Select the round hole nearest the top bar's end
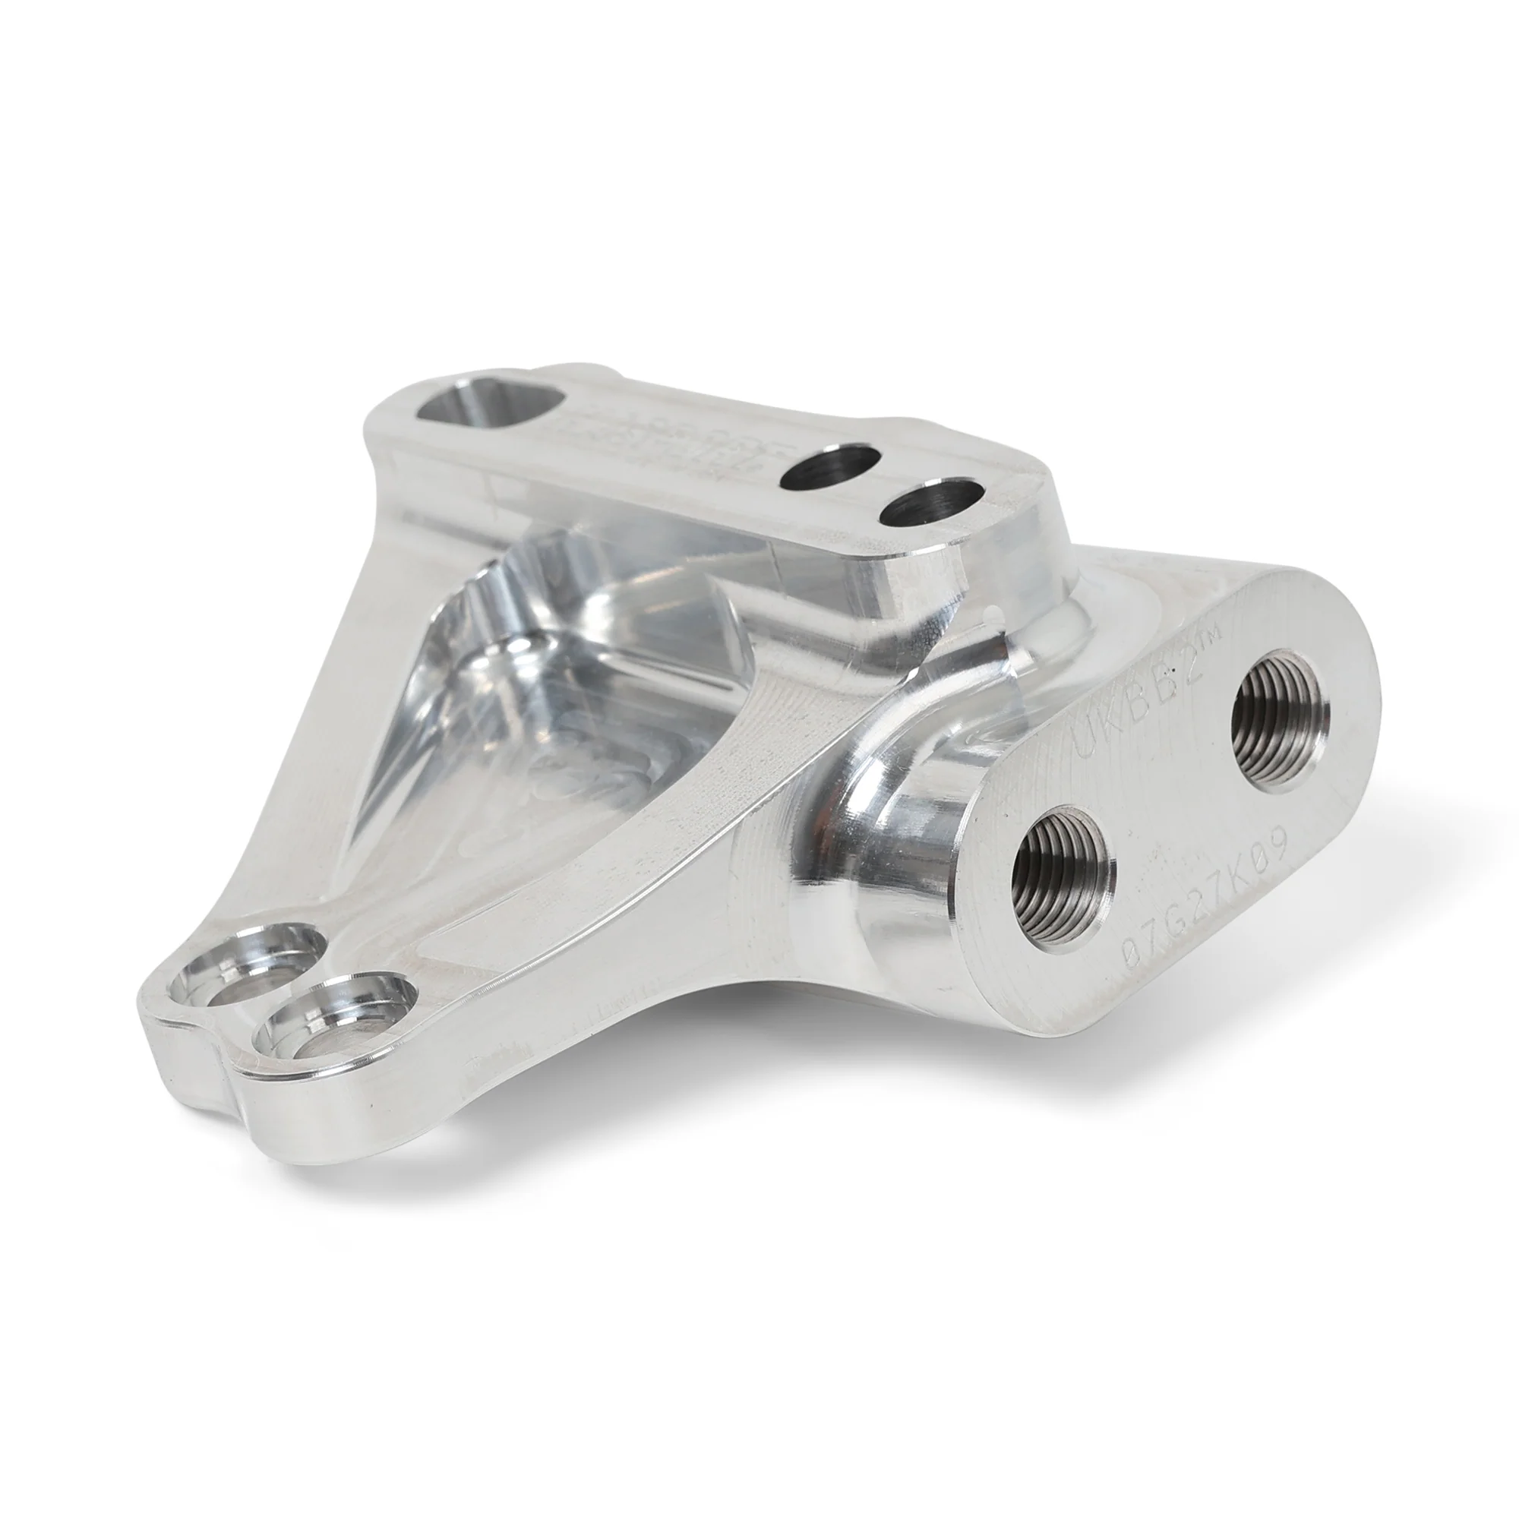pos(932,505)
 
